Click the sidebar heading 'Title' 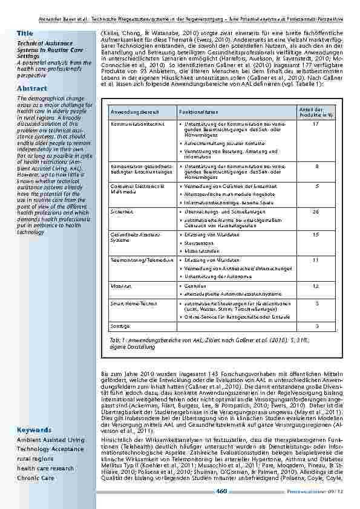25,33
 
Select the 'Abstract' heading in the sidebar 32,88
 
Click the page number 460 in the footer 221,491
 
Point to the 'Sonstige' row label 119,326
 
